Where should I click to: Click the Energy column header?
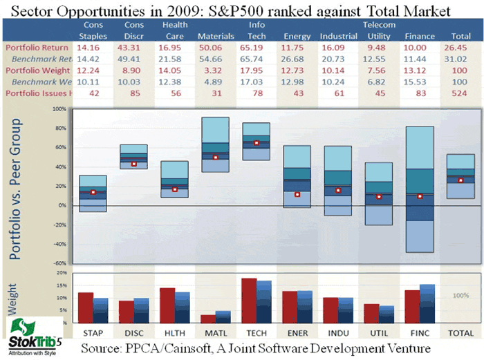pyautogui.click(x=297, y=35)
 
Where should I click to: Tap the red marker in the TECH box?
pyautogui.click(x=256, y=143)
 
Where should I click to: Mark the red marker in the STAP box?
pyautogui.click(x=93, y=192)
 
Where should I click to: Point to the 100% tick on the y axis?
pyautogui.click(x=59, y=109)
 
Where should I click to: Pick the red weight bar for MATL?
pyautogui.click(x=207, y=319)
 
